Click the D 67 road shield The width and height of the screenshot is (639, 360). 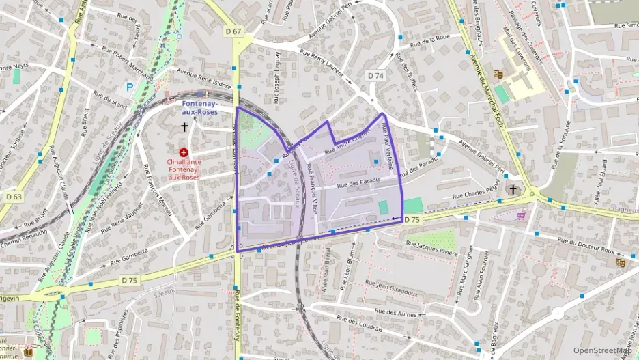point(233,31)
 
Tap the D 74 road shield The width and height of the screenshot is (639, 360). point(375,75)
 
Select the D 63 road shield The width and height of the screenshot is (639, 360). point(13,197)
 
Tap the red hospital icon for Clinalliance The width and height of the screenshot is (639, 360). point(184,153)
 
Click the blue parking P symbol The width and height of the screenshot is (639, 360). point(130,87)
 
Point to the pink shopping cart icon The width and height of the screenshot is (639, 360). point(522,215)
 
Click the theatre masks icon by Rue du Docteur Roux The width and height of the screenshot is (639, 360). point(620,262)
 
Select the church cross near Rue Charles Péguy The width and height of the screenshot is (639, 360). point(513,189)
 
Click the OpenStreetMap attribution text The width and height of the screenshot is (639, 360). point(601,350)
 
